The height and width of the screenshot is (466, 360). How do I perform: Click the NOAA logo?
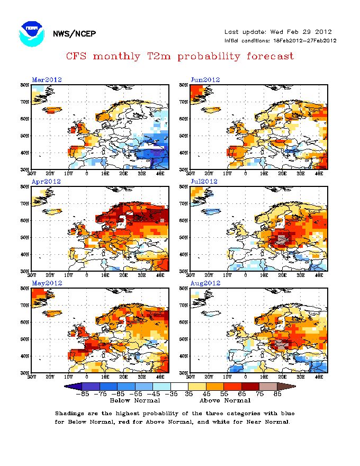click(31, 33)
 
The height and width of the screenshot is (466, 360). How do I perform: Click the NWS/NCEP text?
click(74, 34)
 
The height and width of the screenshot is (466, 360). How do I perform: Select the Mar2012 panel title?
click(47, 80)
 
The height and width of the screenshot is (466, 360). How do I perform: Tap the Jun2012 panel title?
click(205, 80)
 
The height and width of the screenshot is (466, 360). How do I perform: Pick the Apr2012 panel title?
click(47, 182)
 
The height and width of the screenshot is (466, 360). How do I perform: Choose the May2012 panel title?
click(47, 283)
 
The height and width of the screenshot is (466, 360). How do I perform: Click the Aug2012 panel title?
click(205, 283)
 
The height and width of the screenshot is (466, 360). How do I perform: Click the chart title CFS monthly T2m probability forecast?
click(180, 56)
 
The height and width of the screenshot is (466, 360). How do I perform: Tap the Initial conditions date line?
click(281, 41)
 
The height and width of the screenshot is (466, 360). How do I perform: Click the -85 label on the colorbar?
click(82, 394)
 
